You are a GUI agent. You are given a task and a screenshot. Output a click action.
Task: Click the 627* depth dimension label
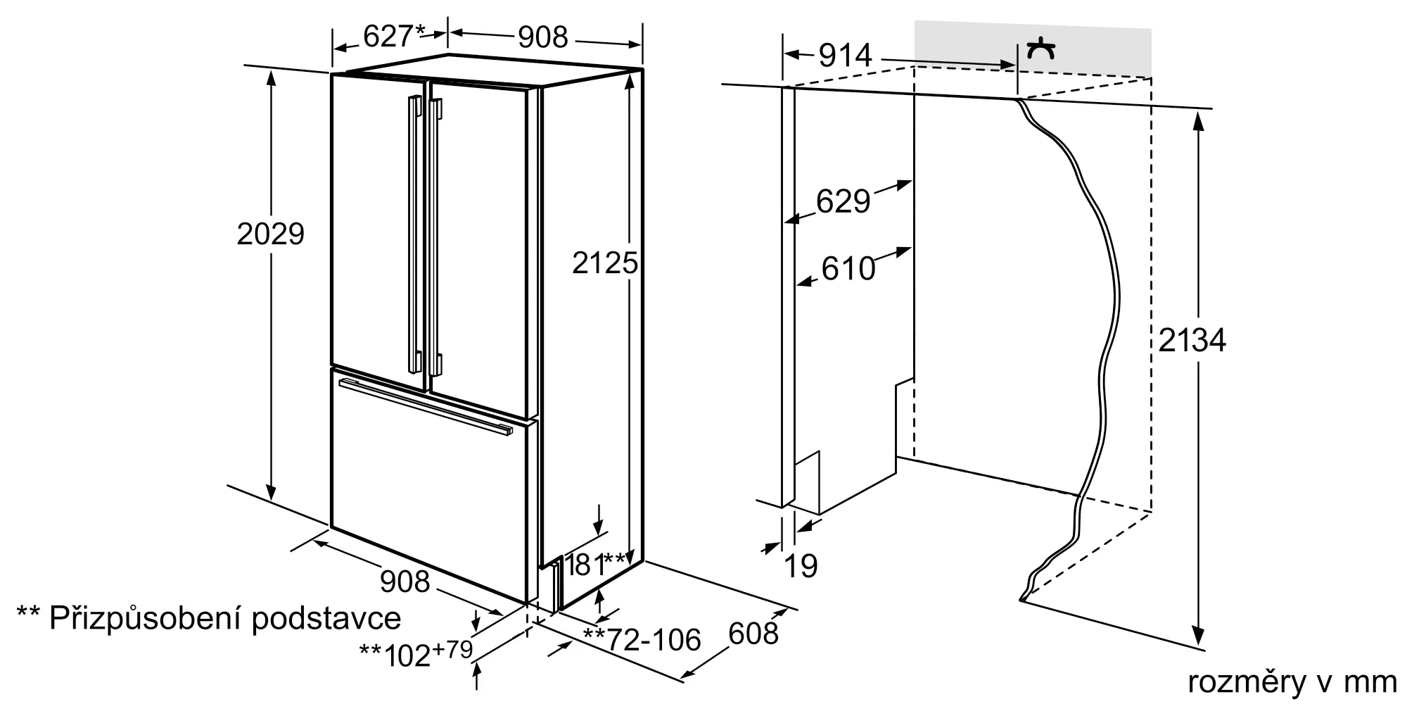coord(395,35)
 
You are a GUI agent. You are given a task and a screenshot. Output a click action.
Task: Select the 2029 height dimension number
coord(270,234)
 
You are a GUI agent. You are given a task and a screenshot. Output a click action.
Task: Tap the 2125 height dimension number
coord(605,263)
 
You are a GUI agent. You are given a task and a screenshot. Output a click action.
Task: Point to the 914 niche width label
coord(845,55)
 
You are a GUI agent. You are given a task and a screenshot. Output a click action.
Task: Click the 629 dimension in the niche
coord(843,201)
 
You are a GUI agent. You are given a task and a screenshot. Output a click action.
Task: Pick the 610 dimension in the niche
coord(848,268)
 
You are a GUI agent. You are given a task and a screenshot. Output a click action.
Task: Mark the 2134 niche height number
coord(1192,340)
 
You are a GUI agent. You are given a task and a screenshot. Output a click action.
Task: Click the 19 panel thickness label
coord(801,565)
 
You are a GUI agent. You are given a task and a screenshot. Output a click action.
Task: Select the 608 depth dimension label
coord(753,634)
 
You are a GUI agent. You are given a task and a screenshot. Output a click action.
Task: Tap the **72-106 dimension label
coord(642,640)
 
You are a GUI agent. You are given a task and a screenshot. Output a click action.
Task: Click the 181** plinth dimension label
coord(597,563)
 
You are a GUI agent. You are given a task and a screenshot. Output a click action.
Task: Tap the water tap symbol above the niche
coord(1040,49)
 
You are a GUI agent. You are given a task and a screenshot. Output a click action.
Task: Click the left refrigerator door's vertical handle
coord(414,236)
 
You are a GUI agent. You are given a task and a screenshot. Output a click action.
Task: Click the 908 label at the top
coord(542,37)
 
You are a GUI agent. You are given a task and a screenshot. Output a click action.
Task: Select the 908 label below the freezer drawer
coord(405,581)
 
